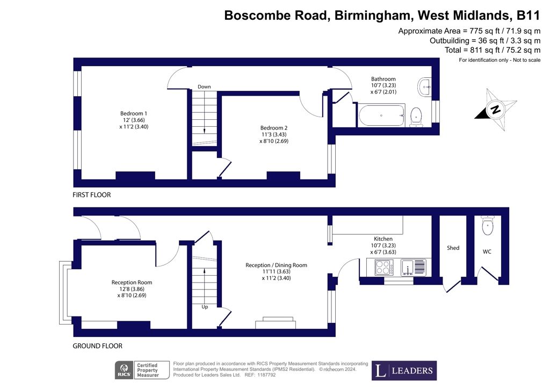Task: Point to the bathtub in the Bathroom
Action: pos(382,116)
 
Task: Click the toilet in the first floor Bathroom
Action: pos(416,117)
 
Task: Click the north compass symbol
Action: pos(495,110)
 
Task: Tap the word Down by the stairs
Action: pos(204,87)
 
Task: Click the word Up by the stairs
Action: pos(205,307)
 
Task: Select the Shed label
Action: pos(453,248)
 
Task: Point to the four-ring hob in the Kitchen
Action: pos(384,267)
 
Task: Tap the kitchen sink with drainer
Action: pos(413,267)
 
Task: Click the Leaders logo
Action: pos(404,370)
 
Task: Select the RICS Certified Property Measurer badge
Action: pos(142,370)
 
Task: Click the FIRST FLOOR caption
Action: pos(91,195)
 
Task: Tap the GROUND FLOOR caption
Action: pos(98,346)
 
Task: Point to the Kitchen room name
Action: pos(383,239)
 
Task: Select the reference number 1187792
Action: pos(266,375)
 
